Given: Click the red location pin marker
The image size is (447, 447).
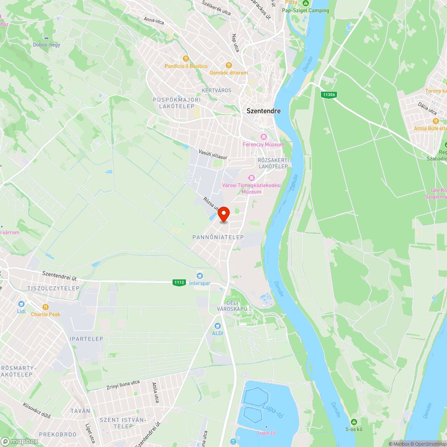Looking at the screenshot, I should tap(223, 214).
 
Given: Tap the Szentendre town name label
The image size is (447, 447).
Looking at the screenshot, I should tap(264, 111).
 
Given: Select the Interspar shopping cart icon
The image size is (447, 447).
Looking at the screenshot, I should tap(199, 276).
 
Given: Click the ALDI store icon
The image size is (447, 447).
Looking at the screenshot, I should tap(217, 326).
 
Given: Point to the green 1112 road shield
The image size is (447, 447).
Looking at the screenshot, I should tap(179, 283).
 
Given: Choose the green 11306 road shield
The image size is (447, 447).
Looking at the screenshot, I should tap(329, 95).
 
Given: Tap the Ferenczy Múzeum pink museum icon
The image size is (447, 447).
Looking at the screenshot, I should tap(264, 136).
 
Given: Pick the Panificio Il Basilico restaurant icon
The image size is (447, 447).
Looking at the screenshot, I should tap(186, 59).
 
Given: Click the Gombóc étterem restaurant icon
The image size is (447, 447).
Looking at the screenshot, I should tap(229, 65).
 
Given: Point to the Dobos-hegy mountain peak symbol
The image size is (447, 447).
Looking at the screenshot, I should tap(46, 38).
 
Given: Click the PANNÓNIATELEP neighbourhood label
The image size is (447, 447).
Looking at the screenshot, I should tap(218, 237).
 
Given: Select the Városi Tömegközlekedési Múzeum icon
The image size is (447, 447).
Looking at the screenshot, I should tap(251, 178).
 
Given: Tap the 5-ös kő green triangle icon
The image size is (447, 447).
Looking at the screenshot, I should tap(354, 422).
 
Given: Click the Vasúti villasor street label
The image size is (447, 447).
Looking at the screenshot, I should tap(213, 155).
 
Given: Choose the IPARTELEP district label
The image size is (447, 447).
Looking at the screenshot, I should tap(87, 339).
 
